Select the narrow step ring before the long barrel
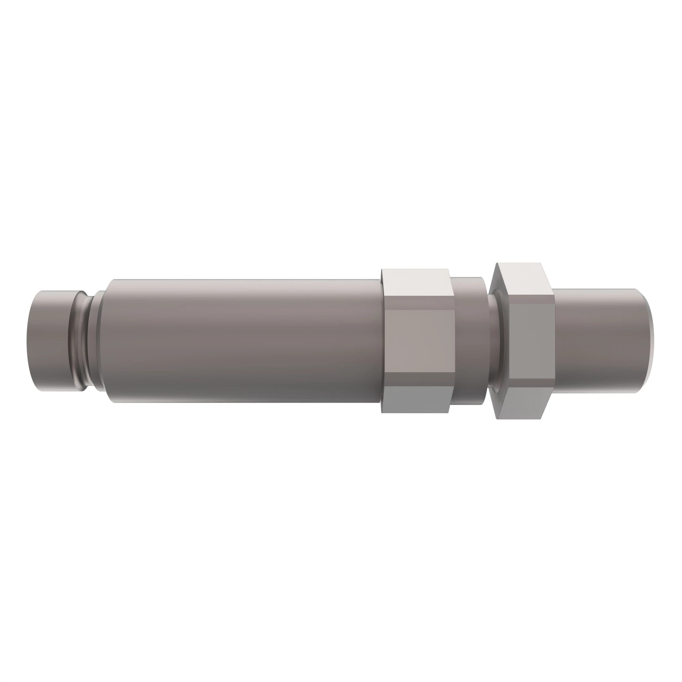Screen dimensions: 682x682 tap(100, 340)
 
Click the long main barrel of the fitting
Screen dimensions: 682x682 tap(243, 340)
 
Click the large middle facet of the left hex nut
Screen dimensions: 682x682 tap(420, 340)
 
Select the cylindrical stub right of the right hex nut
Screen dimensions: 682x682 tap(600, 340)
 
